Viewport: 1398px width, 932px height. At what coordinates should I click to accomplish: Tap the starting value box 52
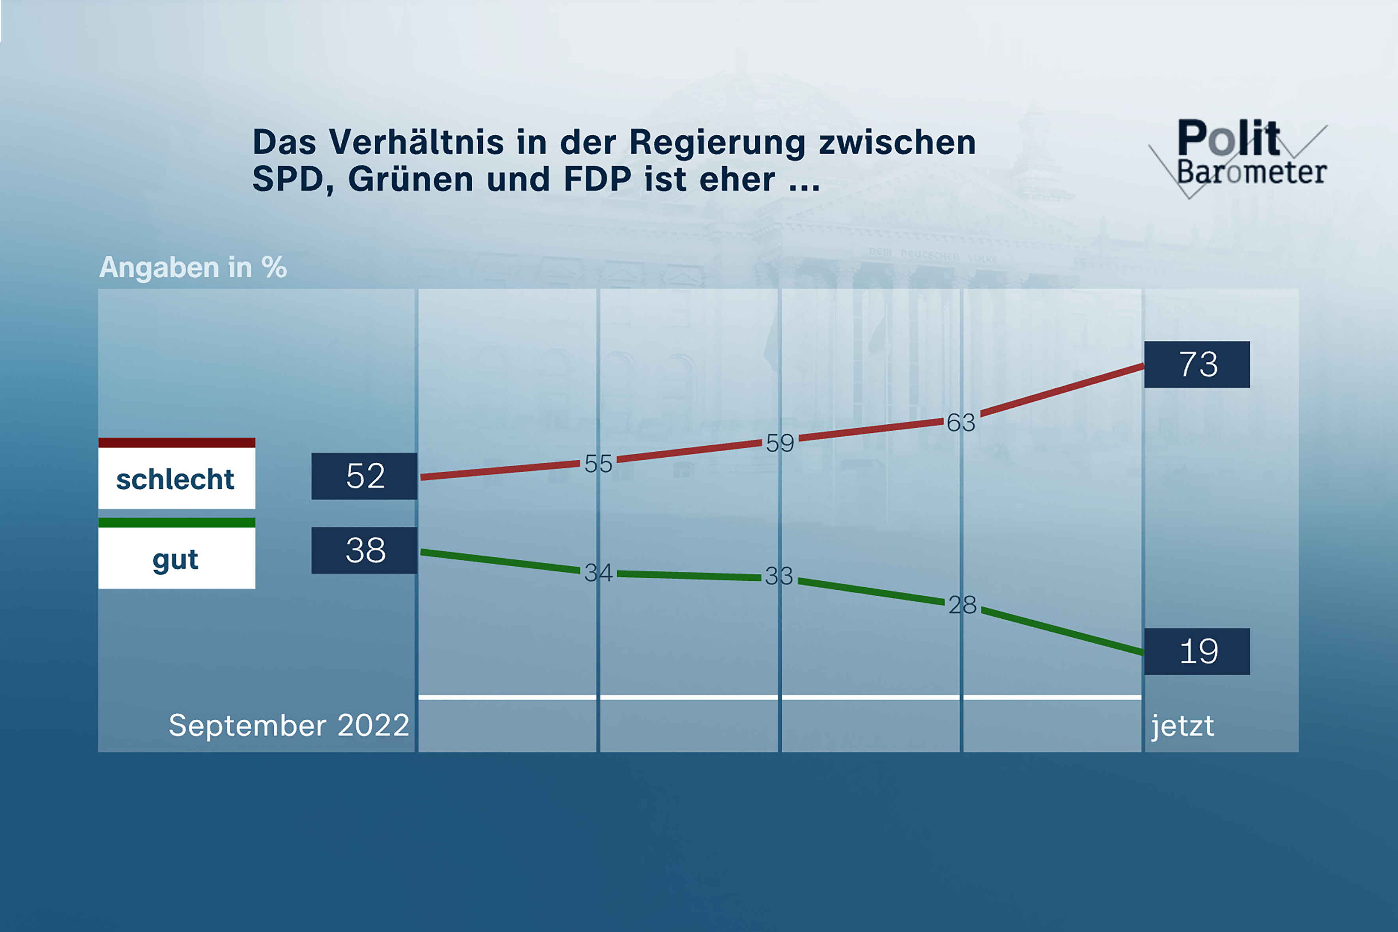point(364,476)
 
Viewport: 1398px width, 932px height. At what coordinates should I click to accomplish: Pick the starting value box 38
point(364,550)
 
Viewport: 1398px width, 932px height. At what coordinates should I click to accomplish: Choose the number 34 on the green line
point(598,573)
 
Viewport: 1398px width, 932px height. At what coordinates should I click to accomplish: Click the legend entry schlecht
point(176,479)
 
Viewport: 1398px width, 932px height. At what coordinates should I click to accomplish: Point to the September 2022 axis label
point(289,725)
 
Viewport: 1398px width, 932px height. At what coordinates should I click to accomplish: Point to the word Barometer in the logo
point(1251,172)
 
